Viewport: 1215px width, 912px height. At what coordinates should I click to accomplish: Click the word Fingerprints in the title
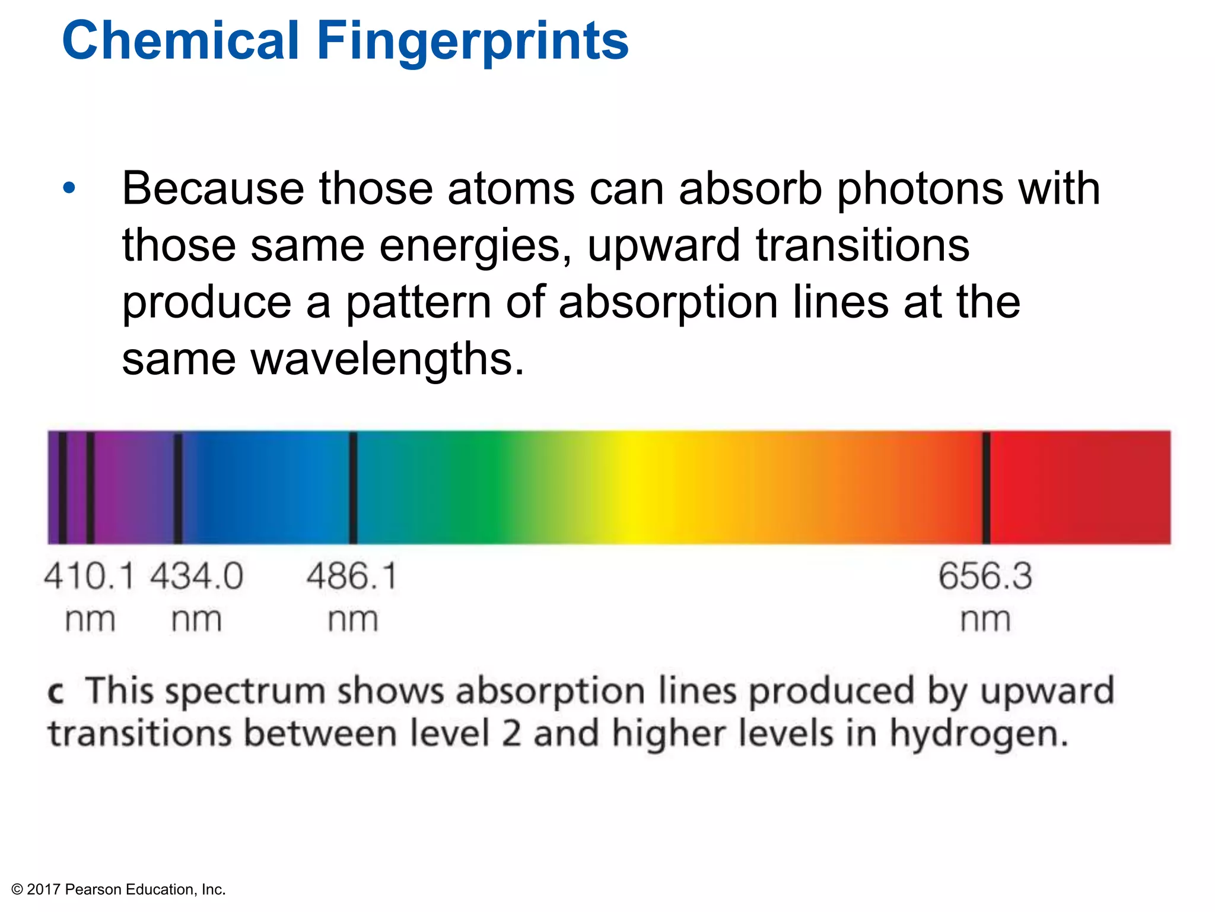(472, 42)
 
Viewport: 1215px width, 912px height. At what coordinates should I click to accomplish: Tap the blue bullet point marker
(69, 189)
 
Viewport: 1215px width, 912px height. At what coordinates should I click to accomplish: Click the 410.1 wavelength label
(89, 576)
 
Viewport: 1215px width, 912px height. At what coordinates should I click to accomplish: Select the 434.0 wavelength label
(196, 576)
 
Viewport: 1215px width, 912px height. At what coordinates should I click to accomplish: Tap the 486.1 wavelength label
(352, 576)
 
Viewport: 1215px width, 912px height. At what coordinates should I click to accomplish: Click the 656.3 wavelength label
(985, 576)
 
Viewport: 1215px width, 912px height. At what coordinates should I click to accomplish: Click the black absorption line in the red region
(986, 487)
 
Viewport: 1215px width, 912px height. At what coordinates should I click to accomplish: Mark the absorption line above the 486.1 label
(353, 487)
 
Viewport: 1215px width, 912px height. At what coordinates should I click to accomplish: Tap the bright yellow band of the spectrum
(635, 487)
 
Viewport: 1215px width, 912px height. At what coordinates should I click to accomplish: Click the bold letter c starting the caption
(56, 692)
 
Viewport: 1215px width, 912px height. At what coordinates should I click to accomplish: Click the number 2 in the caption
(511, 734)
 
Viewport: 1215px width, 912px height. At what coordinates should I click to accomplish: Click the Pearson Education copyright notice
(119, 889)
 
